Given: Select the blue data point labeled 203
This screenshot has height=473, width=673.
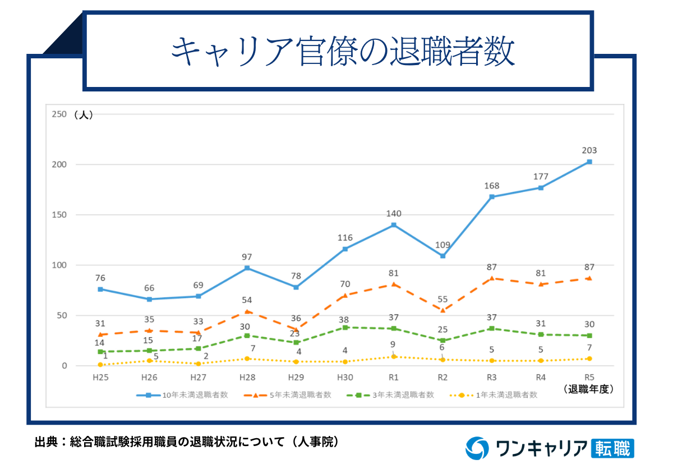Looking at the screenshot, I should (589, 162).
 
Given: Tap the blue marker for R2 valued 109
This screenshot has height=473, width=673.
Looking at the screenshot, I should (442, 256).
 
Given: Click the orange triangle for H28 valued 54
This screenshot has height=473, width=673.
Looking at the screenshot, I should (247, 311).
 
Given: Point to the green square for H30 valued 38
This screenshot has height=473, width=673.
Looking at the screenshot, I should (345, 327).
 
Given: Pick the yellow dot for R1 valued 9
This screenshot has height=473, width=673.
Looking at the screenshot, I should (394, 356).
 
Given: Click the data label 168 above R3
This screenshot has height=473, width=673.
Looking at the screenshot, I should (491, 186).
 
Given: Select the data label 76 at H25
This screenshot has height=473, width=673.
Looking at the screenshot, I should (100, 278).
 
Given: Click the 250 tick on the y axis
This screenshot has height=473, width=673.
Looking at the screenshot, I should (59, 114).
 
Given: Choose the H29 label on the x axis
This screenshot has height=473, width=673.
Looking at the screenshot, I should (296, 377).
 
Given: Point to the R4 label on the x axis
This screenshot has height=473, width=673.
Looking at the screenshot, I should (541, 377).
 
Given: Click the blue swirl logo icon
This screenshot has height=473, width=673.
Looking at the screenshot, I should (477, 448).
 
